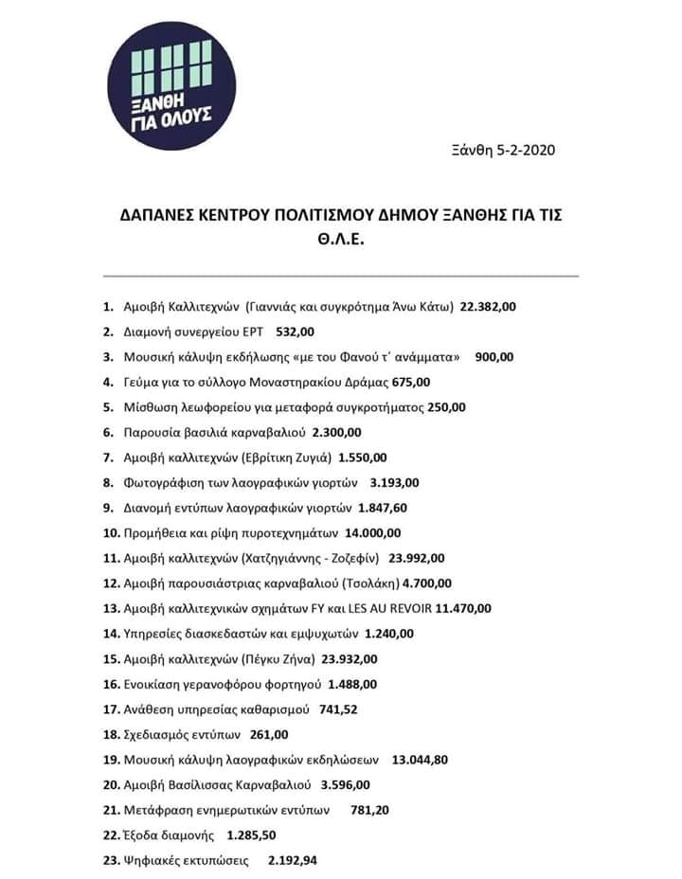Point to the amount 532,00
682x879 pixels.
coord(295,332)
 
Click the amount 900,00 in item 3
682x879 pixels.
coord(494,358)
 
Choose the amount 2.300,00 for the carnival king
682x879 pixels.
coord(336,433)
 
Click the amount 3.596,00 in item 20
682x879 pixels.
coord(346,784)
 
